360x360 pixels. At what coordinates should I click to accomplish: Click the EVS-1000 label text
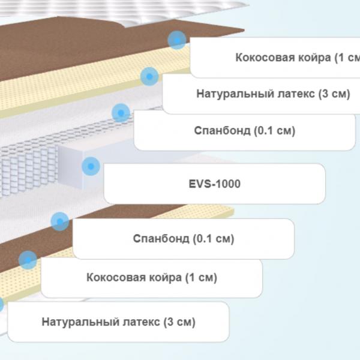pos(214,184)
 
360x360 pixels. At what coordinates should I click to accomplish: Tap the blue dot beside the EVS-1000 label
pos(91,166)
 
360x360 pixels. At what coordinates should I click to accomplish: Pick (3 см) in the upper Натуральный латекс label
pos(334,94)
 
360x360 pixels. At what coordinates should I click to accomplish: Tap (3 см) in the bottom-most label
pos(179,322)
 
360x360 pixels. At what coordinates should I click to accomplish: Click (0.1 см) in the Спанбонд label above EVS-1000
pos(274,131)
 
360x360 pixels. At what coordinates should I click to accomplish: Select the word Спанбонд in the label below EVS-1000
pos(161,239)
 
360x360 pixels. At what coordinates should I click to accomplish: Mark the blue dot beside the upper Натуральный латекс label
pos(149,76)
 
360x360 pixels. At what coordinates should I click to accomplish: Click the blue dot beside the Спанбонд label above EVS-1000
pos(121,113)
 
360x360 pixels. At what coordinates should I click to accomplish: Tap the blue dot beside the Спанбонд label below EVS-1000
pos(60,221)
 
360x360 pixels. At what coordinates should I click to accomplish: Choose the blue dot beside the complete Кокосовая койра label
pos(28,260)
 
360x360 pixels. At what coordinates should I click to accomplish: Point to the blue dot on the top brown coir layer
pos(177,40)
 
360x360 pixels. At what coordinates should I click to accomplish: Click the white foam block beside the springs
pos(70,166)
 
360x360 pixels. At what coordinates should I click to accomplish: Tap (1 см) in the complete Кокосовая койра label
pos(201,278)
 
